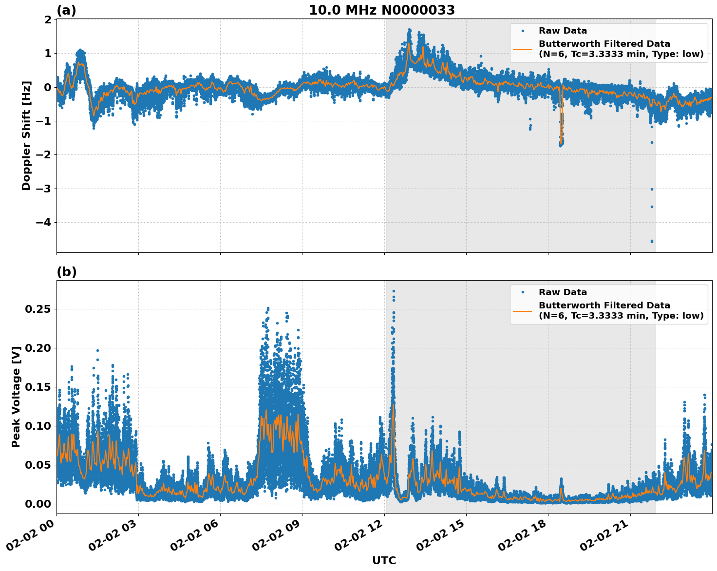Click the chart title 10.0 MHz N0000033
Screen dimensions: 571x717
(382, 10)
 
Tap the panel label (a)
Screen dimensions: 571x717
(66, 10)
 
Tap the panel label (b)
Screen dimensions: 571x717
(66, 272)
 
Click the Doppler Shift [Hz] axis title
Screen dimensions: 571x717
(26, 135)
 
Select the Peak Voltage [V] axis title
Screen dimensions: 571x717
(16, 397)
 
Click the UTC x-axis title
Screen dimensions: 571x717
(384, 560)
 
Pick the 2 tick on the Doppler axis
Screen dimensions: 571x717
(48, 19)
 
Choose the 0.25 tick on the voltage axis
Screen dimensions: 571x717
(38, 309)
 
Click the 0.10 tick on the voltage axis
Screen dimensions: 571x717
(38, 426)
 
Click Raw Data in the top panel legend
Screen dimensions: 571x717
(563, 31)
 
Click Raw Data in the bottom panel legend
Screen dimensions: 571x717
(563, 292)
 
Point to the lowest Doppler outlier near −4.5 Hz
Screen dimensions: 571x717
(652, 241)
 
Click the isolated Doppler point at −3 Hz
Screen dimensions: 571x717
(652, 189)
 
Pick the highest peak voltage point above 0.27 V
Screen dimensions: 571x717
(394, 291)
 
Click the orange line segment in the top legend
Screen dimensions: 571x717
(522, 49)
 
